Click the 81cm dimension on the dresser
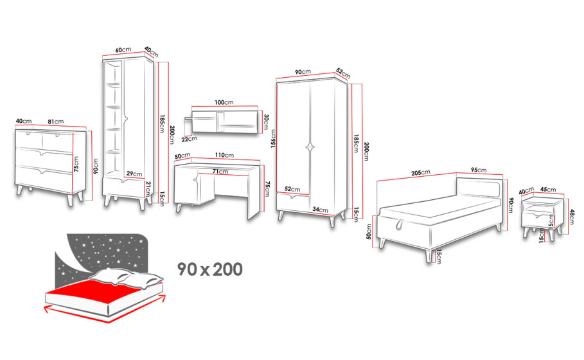[x=56, y=122]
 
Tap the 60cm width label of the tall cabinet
[x=123, y=50]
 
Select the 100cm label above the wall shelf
[x=224, y=102]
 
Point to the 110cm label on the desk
[x=224, y=155]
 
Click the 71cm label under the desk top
[x=220, y=172]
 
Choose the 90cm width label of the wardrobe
[x=303, y=71]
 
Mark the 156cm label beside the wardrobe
[x=274, y=139]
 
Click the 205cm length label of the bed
[x=421, y=172]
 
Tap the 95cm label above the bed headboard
[x=479, y=170]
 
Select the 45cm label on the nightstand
[x=548, y=189]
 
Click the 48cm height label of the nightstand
[x=572, y=217]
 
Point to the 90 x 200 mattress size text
[x=209, y=269]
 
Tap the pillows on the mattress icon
[x=127, y=278]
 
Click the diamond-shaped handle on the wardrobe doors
[x=310, y=147]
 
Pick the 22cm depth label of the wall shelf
[x=190, y=139]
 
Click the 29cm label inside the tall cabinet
[x=134, y=174]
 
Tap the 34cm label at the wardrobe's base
[x=321, y=210]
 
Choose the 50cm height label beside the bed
[x=369, y=231]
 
